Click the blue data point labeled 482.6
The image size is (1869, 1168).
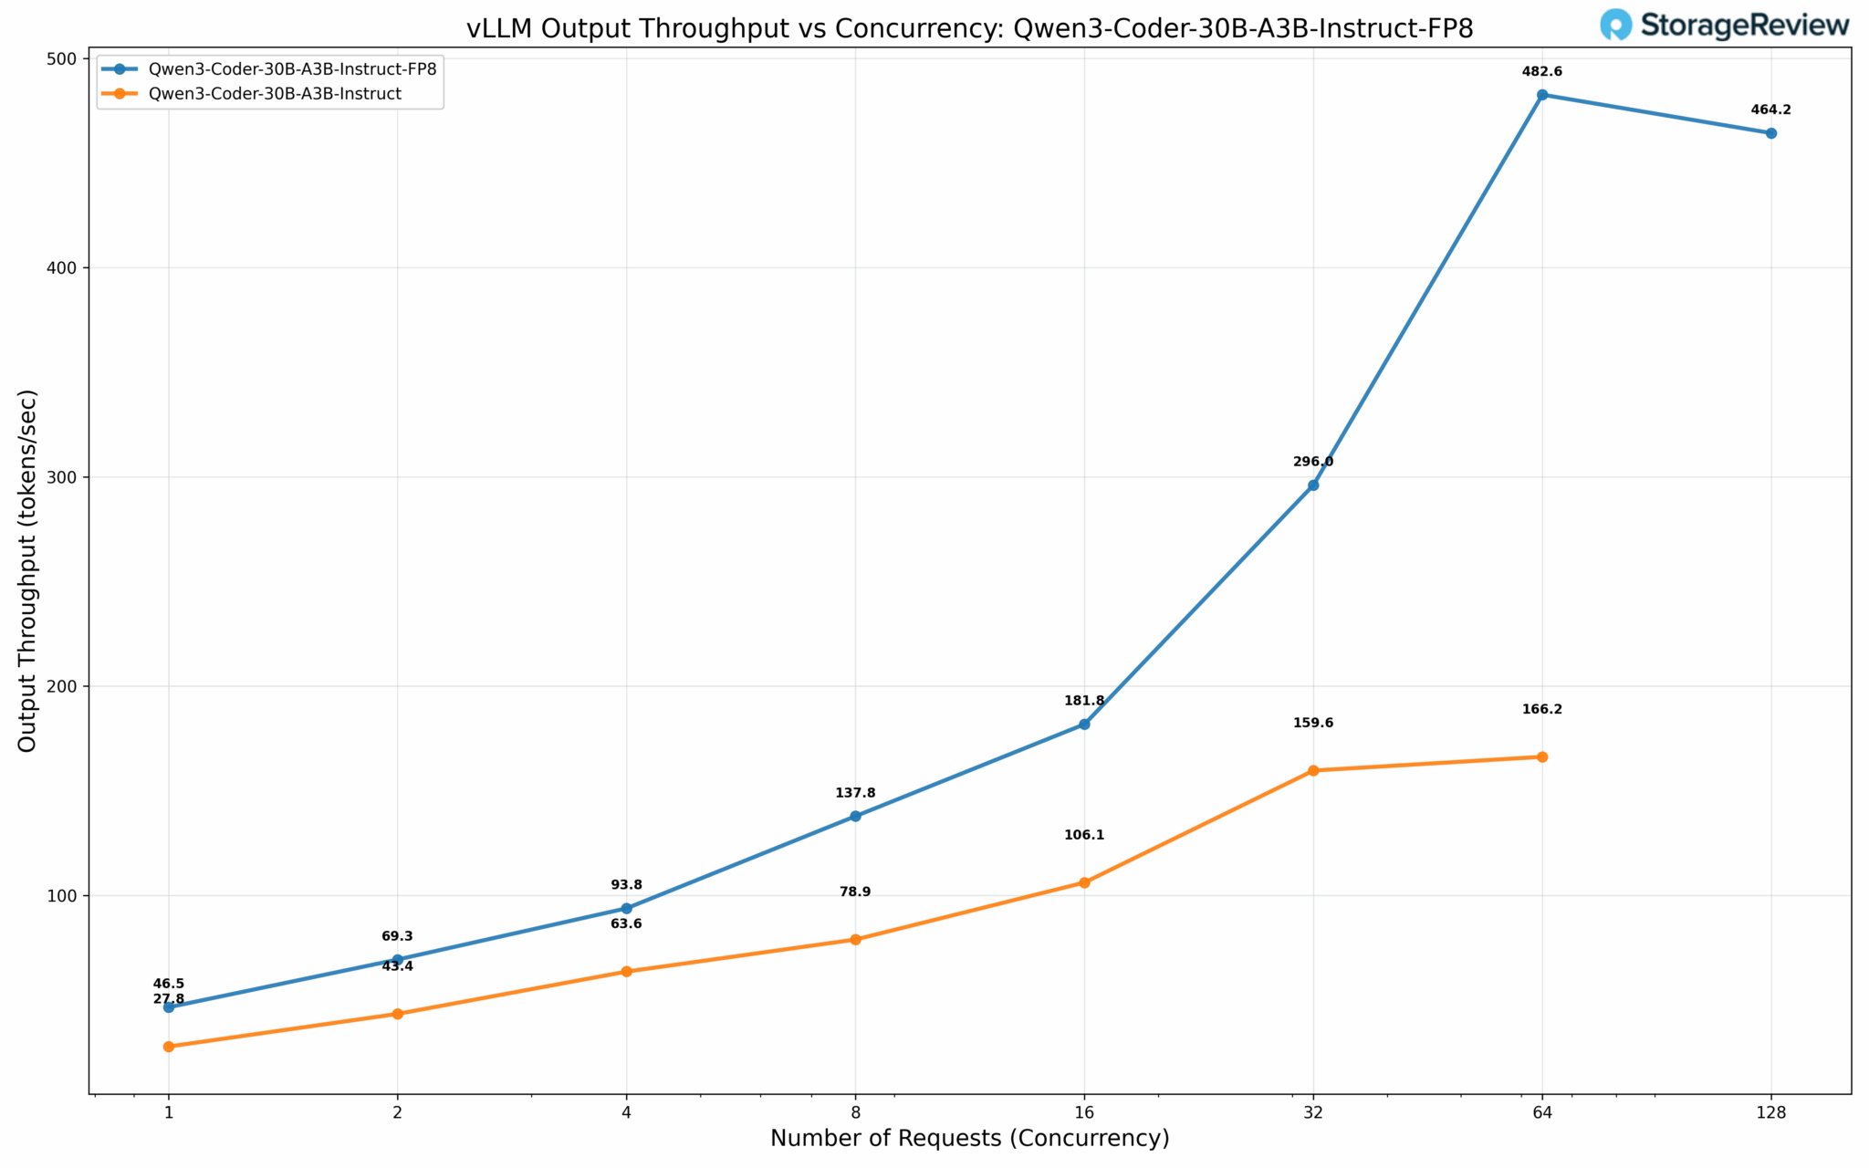[1542, 95]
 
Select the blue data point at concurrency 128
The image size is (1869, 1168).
[1771, 133]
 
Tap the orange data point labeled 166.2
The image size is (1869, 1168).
[1542, 756]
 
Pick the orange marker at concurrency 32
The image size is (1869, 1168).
[1313, 770]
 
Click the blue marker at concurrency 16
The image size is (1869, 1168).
[1084, 724]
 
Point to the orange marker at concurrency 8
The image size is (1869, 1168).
[855, 939]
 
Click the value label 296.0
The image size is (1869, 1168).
[1313, 462]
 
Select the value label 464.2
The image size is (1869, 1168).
[1771, 110]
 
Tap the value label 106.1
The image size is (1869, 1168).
[1084, 835]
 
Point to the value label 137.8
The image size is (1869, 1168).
[855, 793]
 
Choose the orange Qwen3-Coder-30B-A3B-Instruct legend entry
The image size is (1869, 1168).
[275, 94]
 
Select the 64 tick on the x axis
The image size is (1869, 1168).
[1542, 1112]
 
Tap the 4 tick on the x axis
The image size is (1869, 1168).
[626, 1112]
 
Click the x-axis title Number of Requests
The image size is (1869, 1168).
[969, 1139]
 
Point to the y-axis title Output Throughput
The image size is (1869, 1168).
[27, 571]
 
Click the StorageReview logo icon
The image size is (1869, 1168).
[1616, 25]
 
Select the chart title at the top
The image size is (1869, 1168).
[969, 28]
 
